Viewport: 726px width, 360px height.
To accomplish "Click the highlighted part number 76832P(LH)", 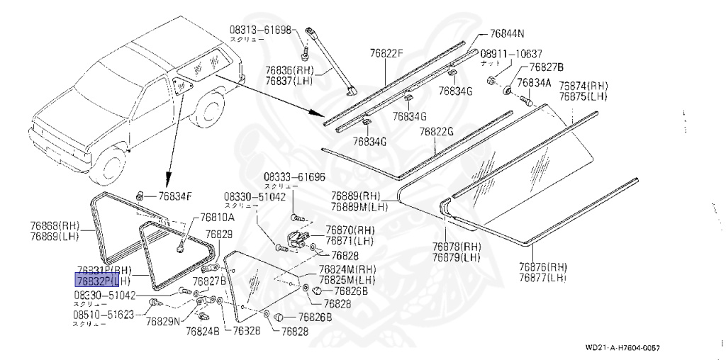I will pyautogui.click(x=99, y=282).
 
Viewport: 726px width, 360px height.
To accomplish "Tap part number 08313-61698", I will pyautogui.click(x=259, y=30).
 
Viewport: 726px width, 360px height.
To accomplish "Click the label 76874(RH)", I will pyautogui.click(x=583, y=86).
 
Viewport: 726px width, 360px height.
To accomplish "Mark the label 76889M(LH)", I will pyautogui.click(x=356, y=206).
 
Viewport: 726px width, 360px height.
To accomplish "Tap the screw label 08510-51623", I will pyautogui.click(x=103, y=314).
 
